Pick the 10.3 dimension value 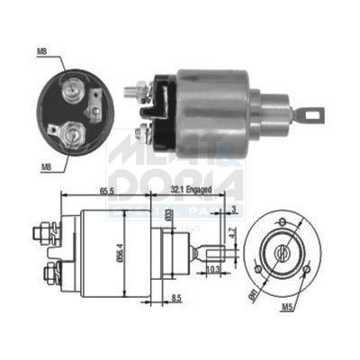coord(213,269)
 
